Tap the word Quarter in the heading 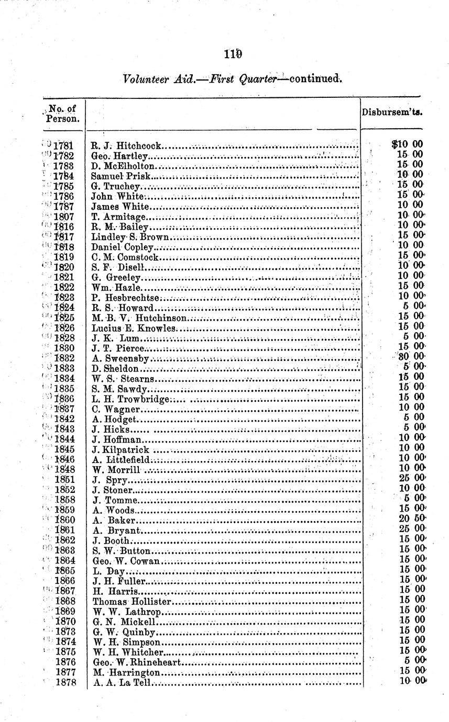coord(259,80)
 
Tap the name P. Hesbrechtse coord(125,297)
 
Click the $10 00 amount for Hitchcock coord(407,145)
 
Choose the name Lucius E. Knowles coord(134,328)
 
